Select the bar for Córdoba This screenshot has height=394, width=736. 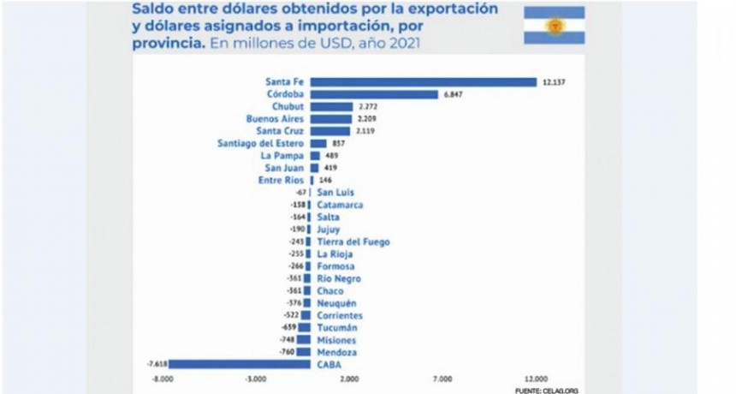(x=373, y=94)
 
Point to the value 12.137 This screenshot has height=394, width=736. (x=553, y=82)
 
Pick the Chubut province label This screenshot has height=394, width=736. (x=288, y=107)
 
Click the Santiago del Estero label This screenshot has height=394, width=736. (x=261, y=144)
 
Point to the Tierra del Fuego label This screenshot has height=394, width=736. (x=353, y=242)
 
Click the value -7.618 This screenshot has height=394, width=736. (x=156, y=364)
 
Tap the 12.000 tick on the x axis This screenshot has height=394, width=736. (x=536, y=378)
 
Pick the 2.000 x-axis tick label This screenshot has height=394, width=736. (x=349, y=378)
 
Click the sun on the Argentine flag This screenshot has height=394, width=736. (x=553, y=26)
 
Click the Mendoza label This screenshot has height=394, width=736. (x=336, y=352)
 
